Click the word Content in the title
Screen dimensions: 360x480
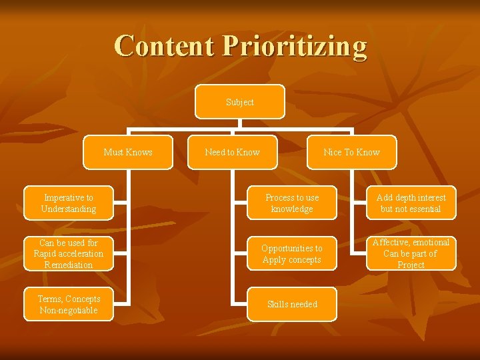tap(164, 46)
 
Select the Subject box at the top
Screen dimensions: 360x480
tap(240, 102)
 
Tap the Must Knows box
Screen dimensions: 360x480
tap(128, 152)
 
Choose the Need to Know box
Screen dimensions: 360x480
tap(232, 152)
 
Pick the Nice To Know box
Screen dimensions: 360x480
tap(351, 152)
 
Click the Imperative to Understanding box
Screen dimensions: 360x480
tap(68, 203)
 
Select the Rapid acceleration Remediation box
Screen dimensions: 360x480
tap(68, 253)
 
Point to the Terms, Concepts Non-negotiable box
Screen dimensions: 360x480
tap(68, 304)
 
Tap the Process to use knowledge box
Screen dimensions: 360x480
tap(292, 203)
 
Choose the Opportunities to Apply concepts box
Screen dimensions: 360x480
tap(292, 253)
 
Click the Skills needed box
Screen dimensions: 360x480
tap(292, 304)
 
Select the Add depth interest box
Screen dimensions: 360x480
tap(411, 203)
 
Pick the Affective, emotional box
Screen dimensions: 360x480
tap(411, 253)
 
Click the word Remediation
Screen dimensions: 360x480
tap(68, 265)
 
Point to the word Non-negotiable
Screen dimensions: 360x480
tap(68, 310)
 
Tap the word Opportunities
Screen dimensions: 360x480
tap(291, 248)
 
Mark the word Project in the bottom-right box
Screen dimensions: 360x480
tap(411, 265)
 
